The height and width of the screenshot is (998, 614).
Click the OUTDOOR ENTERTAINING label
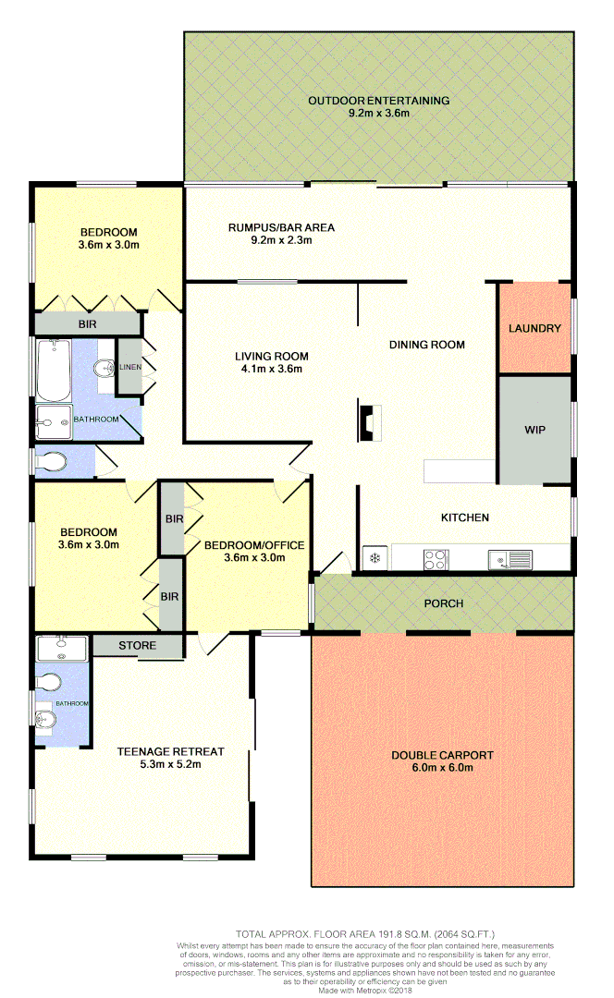[378, 101]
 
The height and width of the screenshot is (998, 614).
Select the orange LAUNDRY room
[534, 328]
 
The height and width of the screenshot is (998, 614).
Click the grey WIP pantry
[534, 430]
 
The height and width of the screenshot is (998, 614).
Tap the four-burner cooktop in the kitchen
[435, 558]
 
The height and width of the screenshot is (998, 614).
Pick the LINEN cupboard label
[129, 368]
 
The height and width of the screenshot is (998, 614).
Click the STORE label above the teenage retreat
[137, 645]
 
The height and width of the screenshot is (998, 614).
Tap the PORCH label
[443, 603]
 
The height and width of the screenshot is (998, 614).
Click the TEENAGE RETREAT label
[159, 751]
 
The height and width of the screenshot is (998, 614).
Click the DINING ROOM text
[426, 345]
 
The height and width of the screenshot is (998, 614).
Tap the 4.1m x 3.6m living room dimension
[271, 369]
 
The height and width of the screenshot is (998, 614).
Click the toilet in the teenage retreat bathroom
[48, 682]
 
